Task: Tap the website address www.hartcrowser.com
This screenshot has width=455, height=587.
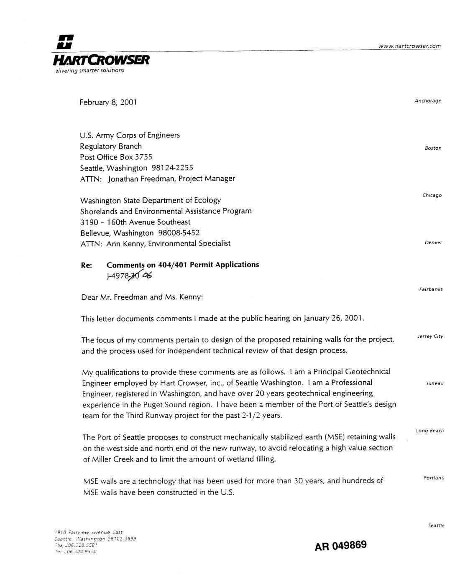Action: pyautogui.click(x=409, y=46)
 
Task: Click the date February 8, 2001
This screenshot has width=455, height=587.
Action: pyautogui.click(x=108, y=102)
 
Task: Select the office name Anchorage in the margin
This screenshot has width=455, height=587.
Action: pyautogui.click(x=427, y=101)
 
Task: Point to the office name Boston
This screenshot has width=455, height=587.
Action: pyautogui.click(x=433, y=148)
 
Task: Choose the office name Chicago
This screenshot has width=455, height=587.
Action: pyautogui.click(x=432, y=195)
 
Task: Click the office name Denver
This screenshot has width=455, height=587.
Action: pyautogui.click(x=433, y=242)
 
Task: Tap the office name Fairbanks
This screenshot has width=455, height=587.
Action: pyautogui.click(x=431, y=289)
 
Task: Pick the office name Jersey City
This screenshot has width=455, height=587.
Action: pyautogui.click(x=430, y=337)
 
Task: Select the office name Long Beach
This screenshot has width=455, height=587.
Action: pyautogui.click(x=429, y=431)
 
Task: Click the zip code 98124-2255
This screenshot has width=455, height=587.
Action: pyautogui.click(x=172, y=168)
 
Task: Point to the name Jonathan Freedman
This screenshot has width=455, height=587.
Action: pyautogui.click(x=140, y=179)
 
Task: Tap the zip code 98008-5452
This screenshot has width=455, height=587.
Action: pyautogui.click(x=179, y=233)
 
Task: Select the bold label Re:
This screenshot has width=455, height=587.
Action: pyautogui.click(x=86, y=265)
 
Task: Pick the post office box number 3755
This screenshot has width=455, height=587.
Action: pyautogui.click(x=143, y=157)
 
